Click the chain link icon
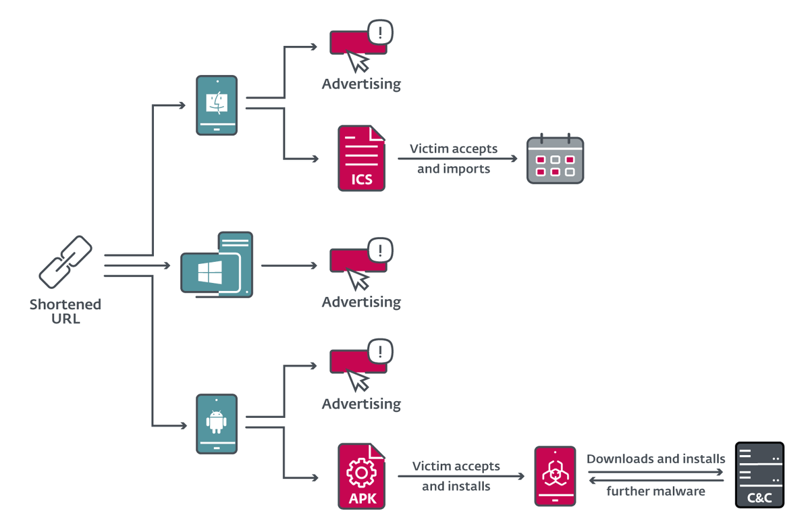click(x=65, y=262)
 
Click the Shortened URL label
click(x=65, y=311)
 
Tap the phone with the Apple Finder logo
click(x=217, y=105)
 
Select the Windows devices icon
click(x=217, y=265)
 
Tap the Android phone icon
click(x=217, y=424)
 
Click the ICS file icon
click(x=362, y=158)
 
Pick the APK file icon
click(x=362, y=475)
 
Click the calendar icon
click(x=555, y=159)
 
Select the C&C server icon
click(x=759, y=475)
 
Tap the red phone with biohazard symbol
click(x=555, y=476)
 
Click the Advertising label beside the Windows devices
click(x=361, y=302)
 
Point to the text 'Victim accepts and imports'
click(x=454, y=159)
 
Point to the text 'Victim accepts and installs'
click(x=456, y=476)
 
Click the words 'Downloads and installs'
click(x=655, y=459)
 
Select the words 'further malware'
click(x=655, y=492)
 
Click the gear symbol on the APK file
click(x=361, y=471)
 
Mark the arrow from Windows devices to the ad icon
click(x=289, y=265)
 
